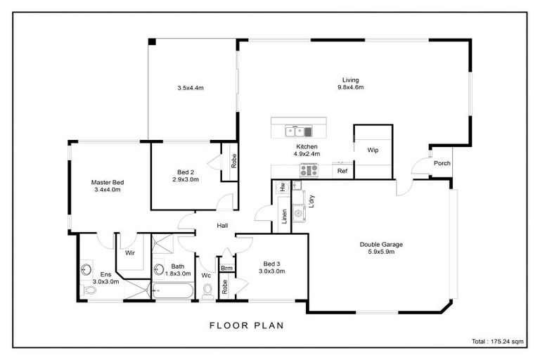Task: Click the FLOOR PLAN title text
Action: [246, 326]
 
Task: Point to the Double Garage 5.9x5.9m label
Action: [381, 247]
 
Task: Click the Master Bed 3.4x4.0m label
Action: [107, 186]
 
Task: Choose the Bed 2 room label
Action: [186, 175]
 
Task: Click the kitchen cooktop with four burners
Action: [309, 169]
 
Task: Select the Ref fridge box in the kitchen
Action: [342, 171]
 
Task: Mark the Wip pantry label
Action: [372, 150]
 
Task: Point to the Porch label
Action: [442, 163]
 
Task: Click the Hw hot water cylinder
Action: [281, 187]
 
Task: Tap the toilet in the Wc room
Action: [207, 291]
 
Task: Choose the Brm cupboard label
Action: [226, 268]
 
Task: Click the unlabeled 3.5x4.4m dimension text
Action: [190, 88]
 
